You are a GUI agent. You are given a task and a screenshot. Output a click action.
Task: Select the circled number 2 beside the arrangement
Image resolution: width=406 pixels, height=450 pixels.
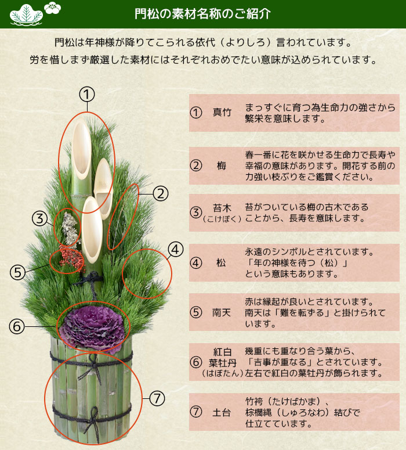click(x=161, y=193)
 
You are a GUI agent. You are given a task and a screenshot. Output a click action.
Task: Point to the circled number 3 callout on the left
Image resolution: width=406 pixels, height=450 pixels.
click(x=39, y=218)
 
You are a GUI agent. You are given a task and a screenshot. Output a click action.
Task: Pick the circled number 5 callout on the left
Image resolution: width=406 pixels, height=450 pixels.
click(x=18, y=271)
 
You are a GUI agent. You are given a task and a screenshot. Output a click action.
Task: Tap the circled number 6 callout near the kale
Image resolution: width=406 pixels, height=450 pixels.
click(x=16, y=326)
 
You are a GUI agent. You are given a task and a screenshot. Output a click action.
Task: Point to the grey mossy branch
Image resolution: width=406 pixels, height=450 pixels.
click(x=69, y=228)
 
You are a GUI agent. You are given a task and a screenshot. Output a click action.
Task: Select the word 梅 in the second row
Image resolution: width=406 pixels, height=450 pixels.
click(x=221, y=165)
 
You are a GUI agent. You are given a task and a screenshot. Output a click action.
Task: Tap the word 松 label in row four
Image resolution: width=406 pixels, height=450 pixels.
click(x=221, y=262)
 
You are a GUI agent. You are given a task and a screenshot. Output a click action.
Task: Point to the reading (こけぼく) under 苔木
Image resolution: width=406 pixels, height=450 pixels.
click(x=222, y=218)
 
